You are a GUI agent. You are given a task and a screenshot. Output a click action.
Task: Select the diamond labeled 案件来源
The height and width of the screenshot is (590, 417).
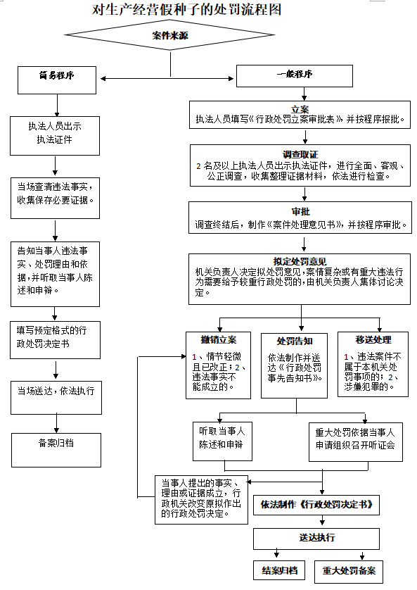tap(169, 36)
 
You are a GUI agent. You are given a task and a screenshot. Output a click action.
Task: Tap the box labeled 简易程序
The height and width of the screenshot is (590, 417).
tap(57, 78)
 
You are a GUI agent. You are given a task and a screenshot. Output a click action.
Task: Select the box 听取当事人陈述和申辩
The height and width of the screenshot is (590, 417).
tap(222, 441)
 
